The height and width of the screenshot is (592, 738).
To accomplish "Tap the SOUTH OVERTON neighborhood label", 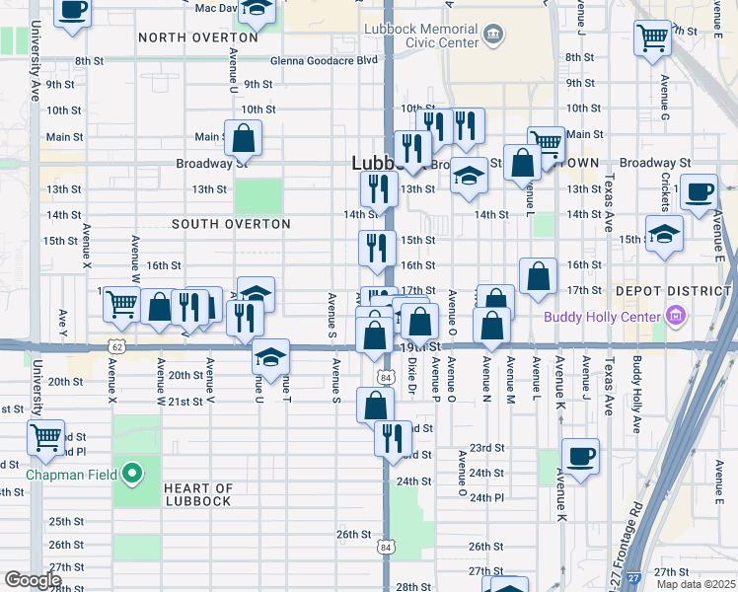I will coord(231,224).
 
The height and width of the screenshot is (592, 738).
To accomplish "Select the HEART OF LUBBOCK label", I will coord(197,494).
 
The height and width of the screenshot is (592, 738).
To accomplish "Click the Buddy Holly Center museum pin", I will coord(675,316).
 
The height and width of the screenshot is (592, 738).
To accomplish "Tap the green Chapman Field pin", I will coord(131,476).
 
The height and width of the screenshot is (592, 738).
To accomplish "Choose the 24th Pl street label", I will coord(486,497).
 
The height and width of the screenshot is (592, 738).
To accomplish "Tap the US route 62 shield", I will coord(117,347).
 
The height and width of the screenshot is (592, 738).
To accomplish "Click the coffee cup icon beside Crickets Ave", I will coord(699,192).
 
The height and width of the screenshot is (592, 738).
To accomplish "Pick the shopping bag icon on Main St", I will coord(243,138).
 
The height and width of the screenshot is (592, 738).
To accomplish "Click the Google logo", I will coord(33,580).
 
